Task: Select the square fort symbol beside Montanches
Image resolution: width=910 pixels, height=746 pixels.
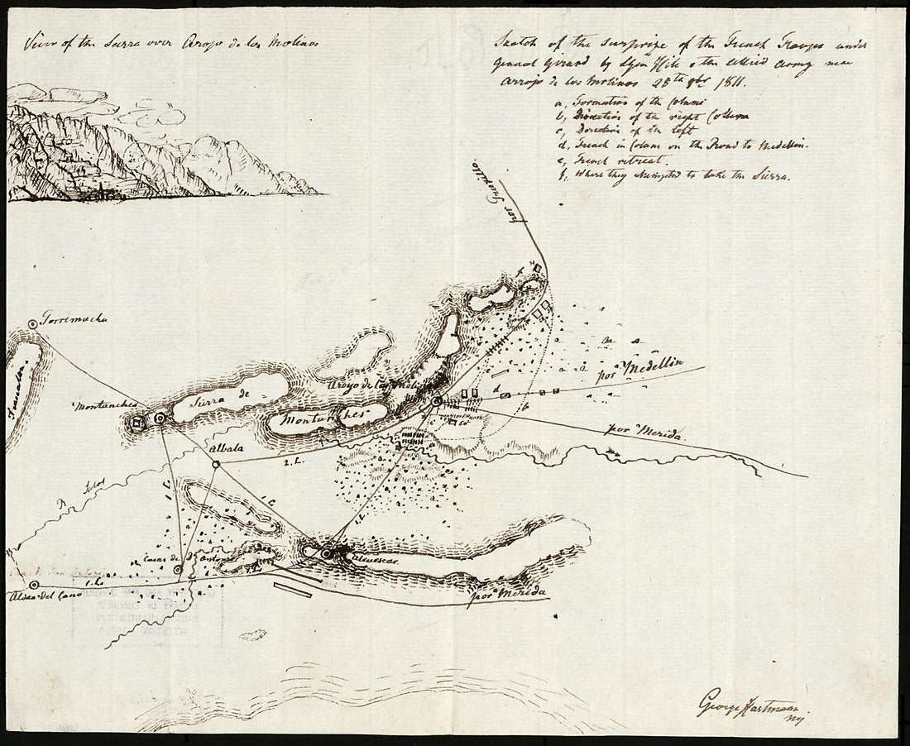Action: click(x=137, y=423)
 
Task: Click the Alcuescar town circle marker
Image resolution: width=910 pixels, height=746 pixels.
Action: click(x=328, y=552)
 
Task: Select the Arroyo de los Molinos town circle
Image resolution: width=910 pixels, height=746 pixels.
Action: click(x=437, y=402)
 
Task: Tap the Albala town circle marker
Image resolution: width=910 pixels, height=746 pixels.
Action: click(x=215, y=465)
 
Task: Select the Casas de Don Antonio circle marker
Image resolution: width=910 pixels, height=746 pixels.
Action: click(x=179, y=570)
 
